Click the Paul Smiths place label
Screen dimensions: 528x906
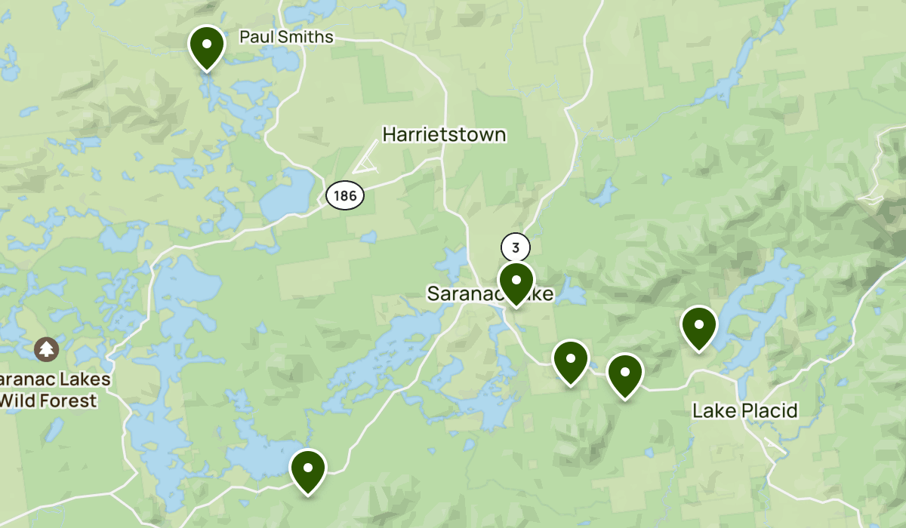285,37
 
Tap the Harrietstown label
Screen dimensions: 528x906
444,135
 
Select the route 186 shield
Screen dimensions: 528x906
345,196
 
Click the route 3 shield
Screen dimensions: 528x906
516,247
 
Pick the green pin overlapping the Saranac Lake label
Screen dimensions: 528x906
516,282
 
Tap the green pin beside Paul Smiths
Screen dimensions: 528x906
206,46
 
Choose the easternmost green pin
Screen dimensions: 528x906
699,327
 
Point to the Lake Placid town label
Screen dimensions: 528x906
744,411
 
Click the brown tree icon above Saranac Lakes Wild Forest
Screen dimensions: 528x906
47,348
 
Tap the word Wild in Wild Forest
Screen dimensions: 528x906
23,401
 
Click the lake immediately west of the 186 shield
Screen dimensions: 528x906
288,192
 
